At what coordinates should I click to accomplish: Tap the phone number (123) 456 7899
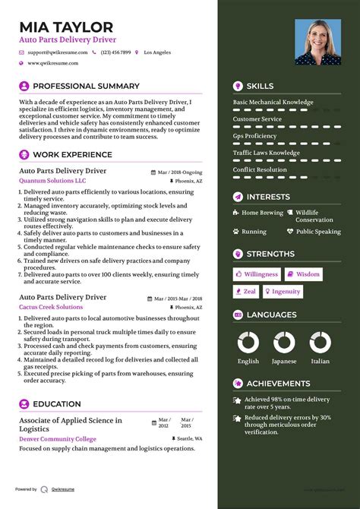(115, 52)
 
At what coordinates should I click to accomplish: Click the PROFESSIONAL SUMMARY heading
(86, 87)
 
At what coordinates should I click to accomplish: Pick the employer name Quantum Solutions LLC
(52, 181)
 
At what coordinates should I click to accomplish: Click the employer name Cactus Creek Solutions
(51, 307)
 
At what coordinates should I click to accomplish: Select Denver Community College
(58, 438)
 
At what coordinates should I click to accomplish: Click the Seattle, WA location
(190, 438)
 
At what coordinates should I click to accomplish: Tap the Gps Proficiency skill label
(255, 136)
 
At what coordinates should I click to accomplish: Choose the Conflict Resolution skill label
(260, 169)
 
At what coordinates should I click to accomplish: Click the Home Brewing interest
(262, 213)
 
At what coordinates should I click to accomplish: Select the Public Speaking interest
(318, 231)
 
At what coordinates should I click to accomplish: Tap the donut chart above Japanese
(284, 341)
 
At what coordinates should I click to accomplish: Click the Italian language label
(321, 362)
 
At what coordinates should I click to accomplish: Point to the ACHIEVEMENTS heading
(278, 384)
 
